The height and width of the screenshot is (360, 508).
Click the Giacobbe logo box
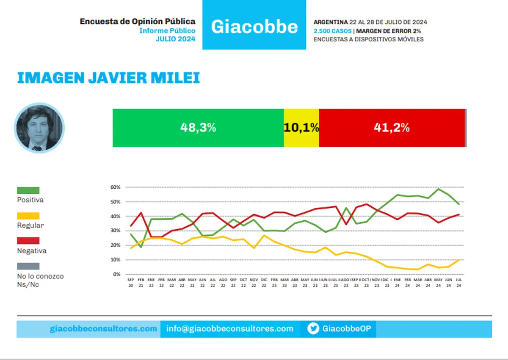pos(254,25)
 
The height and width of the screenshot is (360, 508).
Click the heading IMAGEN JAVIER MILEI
pos(108,78)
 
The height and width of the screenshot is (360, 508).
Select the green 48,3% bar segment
pos(198,128)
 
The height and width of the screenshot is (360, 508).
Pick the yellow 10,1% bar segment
pos(301,128)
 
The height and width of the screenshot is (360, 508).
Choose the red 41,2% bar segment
pos(392,128)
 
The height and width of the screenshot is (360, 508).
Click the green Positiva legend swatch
pos(28,190)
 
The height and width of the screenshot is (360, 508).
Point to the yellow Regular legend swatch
pos(28,216)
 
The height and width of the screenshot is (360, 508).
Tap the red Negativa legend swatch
pos(28,241)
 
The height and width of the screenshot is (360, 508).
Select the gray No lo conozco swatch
pos(28,266)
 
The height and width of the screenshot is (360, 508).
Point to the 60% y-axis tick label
pos(116,187)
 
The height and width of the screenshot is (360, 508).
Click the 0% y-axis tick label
pos(116,275)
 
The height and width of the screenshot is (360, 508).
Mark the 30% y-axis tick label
pos(116,231)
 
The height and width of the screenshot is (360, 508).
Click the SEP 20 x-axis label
pos(130,283)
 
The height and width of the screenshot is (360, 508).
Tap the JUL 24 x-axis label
pos(459,283)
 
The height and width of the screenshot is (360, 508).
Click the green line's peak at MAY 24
pos(439,189)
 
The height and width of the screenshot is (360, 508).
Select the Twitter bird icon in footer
pos(313,329)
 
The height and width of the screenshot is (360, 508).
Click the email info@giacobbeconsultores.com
pos(230,329)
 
